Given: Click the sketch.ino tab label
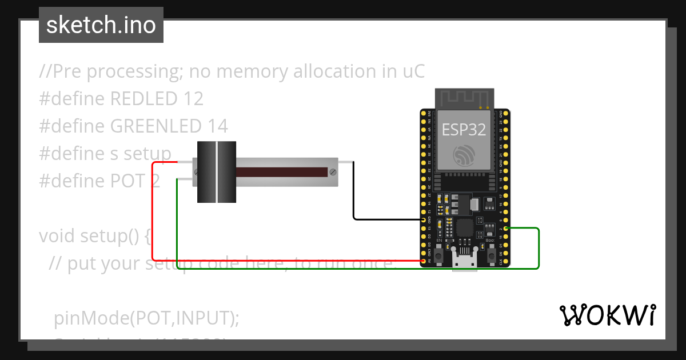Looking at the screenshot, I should coord(101,25).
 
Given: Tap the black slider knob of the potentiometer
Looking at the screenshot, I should coord(217,172).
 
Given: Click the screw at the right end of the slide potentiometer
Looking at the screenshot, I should coord(332,172).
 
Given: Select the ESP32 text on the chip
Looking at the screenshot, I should coord(464,130).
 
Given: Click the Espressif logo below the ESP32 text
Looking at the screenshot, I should coord(464,155).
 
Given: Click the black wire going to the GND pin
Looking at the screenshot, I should coord(354,194).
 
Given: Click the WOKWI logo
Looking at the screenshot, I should coord(607,315).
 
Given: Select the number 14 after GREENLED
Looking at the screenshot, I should coord(218,126).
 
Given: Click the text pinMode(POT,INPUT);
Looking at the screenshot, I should coord(146,318).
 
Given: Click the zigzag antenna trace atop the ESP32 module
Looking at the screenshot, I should coord(464,98).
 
